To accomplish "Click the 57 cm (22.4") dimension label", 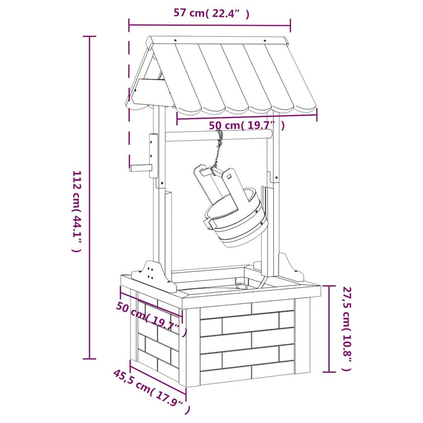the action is coord(211,13).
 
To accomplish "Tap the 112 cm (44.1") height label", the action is coord(76,211).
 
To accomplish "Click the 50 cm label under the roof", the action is coord(247,126).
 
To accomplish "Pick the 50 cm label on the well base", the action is coord(151,319).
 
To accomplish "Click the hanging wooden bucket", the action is coord(231,207).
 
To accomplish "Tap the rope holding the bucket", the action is coord(218,151).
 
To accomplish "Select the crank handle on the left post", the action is coord(141,169).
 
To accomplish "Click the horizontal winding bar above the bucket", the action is coord(219,135).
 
